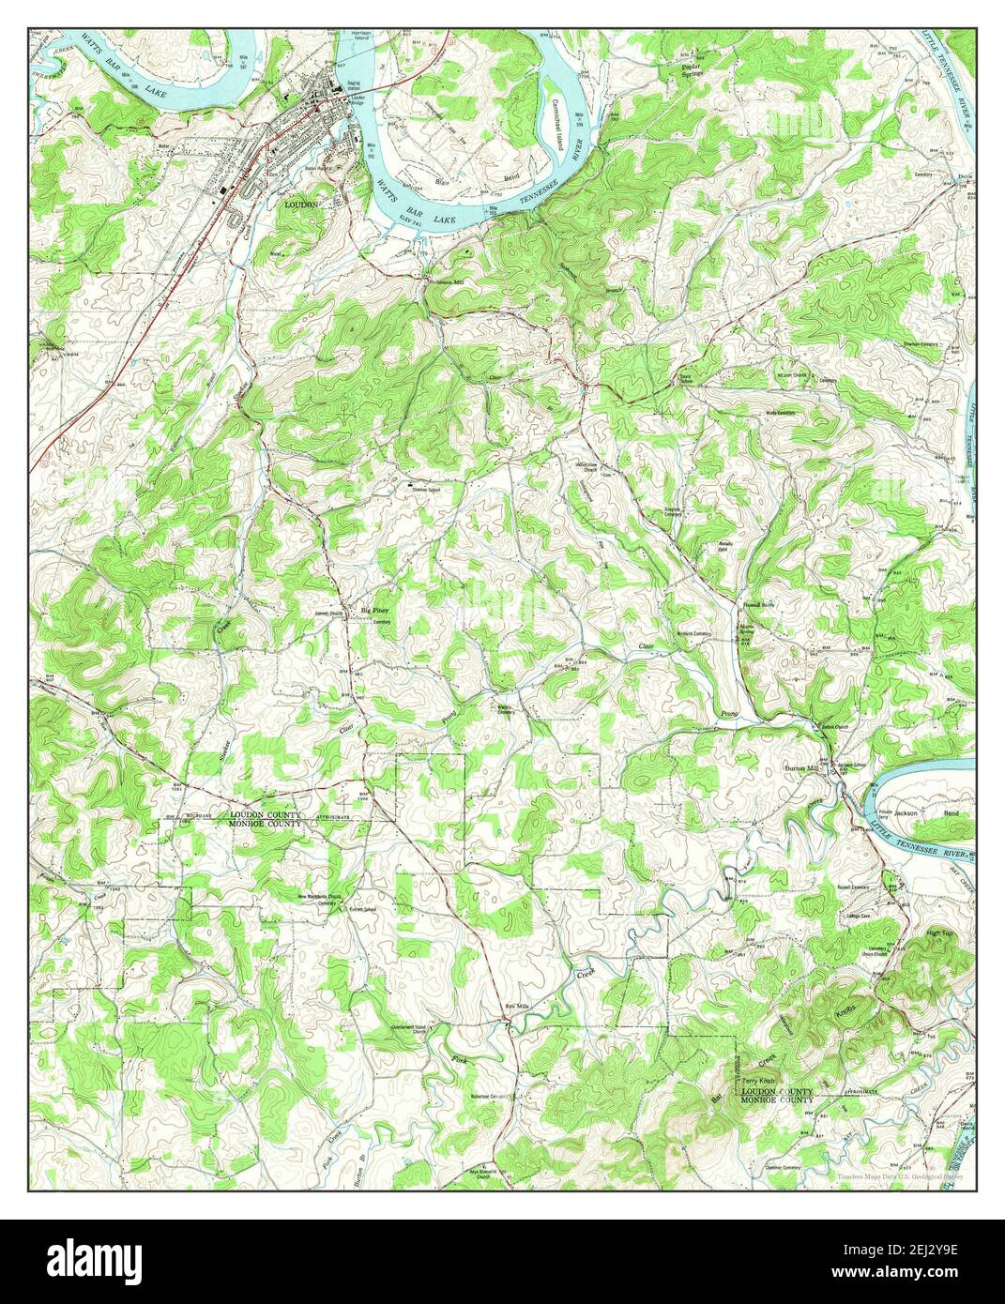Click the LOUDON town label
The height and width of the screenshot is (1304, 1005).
tap(304, 203)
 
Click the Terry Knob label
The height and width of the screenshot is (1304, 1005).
tap(755, 1082)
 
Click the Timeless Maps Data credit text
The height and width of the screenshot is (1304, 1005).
tap(902, 1176)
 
